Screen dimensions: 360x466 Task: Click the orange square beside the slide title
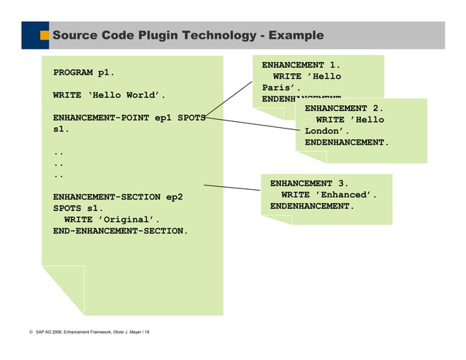point(44,35)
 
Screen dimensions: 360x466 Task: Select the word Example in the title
point(296,35)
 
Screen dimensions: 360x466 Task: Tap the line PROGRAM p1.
point(83,73)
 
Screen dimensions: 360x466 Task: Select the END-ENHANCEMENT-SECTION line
point(120,231)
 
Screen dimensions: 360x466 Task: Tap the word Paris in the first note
point(277,88)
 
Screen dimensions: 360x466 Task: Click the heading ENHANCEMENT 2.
point(343,109)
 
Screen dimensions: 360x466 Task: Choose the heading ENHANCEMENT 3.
point(309,183)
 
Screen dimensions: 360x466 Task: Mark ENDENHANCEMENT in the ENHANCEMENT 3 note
point(312,207)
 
